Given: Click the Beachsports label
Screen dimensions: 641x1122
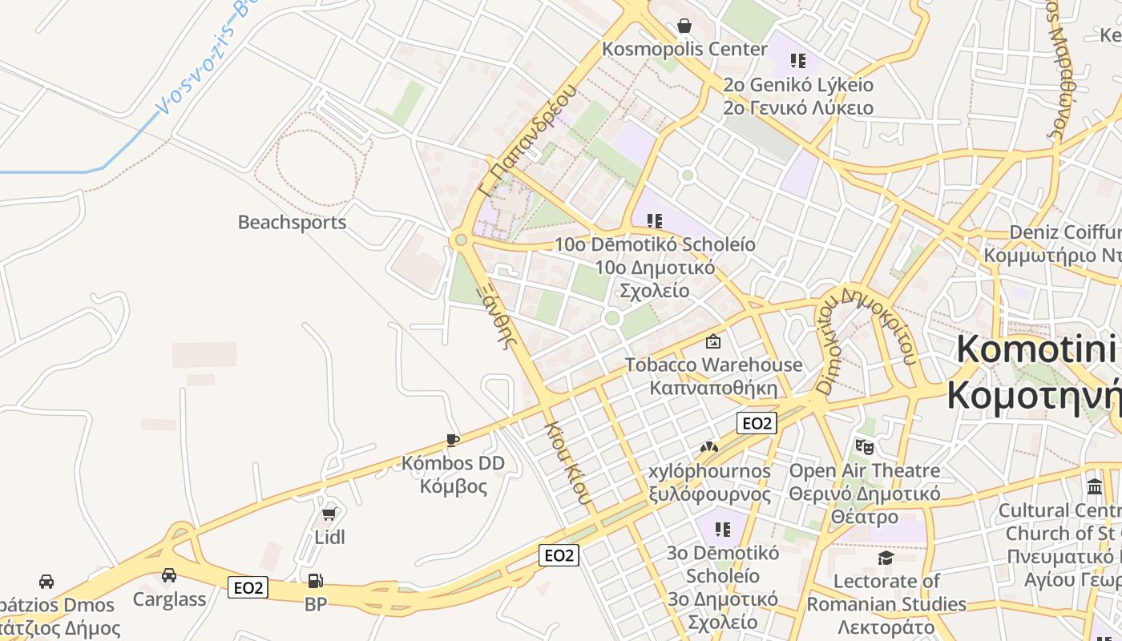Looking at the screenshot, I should click(x=292, y=222).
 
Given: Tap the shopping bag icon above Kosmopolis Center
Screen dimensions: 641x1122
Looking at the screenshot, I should click(x=684, y=26).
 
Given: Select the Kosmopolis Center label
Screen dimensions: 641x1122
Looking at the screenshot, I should click(x=684, y=49).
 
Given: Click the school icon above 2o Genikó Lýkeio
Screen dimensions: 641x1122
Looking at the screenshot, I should click(x=797, y=60).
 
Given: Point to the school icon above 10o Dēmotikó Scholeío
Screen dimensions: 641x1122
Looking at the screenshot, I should click(x=655, y=220).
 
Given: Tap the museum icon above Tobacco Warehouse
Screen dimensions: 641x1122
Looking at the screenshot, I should click(x=712, y=341).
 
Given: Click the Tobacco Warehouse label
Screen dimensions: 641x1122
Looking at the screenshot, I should click(x=713, y=365).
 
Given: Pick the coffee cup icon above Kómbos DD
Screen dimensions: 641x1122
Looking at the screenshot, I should click(x=453, y=440).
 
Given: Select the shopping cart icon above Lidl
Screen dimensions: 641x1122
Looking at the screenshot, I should click(x=329, y=514).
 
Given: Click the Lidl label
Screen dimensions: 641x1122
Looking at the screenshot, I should click(x=329, y=537).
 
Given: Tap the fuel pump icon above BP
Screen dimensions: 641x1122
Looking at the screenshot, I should click(x=316, y=581).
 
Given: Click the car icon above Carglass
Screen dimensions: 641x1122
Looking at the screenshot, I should click(x=169, y=575).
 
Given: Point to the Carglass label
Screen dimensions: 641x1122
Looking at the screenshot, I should click(x=169, y=599).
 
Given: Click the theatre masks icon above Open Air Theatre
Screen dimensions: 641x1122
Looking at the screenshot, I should click(x=864, y=446).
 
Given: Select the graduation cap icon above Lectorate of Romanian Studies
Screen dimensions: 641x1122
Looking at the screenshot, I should click(x=886, y=558).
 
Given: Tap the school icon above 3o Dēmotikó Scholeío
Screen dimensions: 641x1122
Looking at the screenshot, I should click(x=723, y=529).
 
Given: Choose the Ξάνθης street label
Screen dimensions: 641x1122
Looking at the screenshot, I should click(x=499, y=315).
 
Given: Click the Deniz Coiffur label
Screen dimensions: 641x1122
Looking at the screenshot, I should click(x=1064, y=232).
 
